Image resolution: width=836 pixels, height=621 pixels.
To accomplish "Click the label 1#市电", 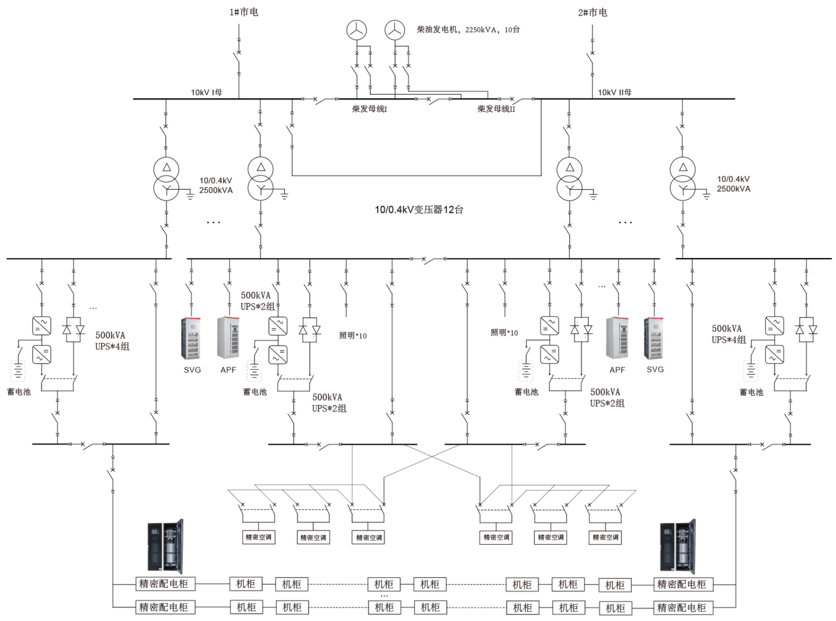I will pos(243,12).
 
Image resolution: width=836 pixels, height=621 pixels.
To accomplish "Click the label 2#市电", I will pos(592,12).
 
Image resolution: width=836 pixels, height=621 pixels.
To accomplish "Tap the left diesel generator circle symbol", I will pos(356,30).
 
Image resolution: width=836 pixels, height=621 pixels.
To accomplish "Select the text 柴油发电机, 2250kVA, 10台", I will pos(468,29).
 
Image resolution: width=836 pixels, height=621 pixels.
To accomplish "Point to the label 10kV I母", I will pos(206,92).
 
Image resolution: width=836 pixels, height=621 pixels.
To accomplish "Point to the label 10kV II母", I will pos(614,92).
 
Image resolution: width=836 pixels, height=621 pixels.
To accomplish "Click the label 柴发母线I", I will pos(369,109).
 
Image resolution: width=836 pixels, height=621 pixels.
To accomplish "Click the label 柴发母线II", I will pos(496,109).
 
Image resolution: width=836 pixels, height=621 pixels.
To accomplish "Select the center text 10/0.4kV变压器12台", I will pos(419,210).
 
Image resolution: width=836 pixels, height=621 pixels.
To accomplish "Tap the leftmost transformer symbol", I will pos(166,178).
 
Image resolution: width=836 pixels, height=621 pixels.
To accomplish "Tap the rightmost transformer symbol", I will pos(682,178).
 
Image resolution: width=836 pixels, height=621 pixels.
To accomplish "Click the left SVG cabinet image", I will pos(190,338).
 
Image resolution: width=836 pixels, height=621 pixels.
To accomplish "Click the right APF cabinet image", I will pos(617,338).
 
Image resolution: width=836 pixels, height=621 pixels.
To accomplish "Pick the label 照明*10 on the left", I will pos(353,335).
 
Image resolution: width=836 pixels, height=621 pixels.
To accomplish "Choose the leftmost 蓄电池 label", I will pos(19,391).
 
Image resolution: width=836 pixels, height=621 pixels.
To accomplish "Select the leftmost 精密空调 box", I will pos(258,537).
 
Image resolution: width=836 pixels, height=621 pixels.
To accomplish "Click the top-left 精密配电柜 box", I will pos(164,584).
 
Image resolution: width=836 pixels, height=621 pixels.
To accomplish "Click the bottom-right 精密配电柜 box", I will pos(681,607).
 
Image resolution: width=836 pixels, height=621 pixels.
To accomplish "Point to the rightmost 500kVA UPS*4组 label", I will pos(728,334).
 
